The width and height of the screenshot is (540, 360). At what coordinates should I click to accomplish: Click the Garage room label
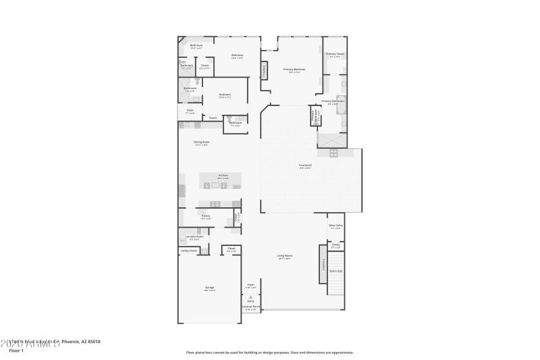(x=209, y=288)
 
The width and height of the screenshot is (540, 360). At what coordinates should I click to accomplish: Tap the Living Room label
(x=284, y=255)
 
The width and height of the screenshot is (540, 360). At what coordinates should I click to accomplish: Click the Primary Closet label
(x=335, y=53)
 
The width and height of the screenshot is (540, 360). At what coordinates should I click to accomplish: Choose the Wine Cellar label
(x=335, y=226)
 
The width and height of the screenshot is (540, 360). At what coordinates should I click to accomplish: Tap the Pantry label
(x=206, y=216)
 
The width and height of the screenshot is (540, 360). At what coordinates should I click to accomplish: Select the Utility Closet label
(x=188, y=251)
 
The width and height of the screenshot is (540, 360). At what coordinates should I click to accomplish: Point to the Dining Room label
(x=202, y=142)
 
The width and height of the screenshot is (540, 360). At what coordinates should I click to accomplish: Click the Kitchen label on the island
(x=223, y=176)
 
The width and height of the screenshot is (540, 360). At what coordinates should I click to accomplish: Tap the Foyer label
(x=250, y=285)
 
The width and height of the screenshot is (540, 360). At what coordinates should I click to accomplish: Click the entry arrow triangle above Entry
(x=250, y=297)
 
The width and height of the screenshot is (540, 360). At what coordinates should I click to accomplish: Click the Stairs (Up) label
(x=335, y=271)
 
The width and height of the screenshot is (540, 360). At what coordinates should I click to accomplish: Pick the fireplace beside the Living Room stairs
(x=323, y=263)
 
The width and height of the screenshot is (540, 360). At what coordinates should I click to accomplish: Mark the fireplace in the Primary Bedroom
(x=264, y=70)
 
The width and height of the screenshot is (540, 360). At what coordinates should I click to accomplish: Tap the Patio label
(x=190, y=111)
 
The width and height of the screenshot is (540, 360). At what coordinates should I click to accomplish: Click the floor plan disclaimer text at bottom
(x=269, y=352)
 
